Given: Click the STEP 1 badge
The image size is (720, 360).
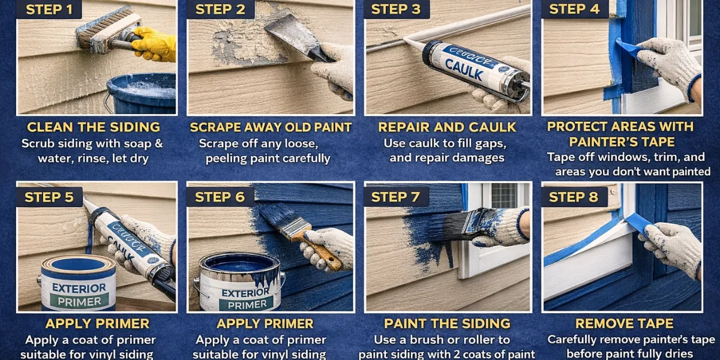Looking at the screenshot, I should pos(50,9).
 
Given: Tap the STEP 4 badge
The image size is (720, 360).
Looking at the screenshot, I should pos(574,9).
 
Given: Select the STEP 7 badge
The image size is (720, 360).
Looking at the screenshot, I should pos(396,197).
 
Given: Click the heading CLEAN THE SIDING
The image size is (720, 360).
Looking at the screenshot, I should pos(94,127).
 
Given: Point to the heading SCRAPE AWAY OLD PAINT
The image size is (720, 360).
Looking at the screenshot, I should pos(271,127).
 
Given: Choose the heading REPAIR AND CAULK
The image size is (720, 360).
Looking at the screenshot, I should pos(447,127).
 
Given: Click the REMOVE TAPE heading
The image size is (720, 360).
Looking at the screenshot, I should pos(621,324).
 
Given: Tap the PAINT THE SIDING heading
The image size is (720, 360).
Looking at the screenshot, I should pos(447,324).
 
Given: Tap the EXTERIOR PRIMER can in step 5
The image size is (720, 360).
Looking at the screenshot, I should pos(78,285).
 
